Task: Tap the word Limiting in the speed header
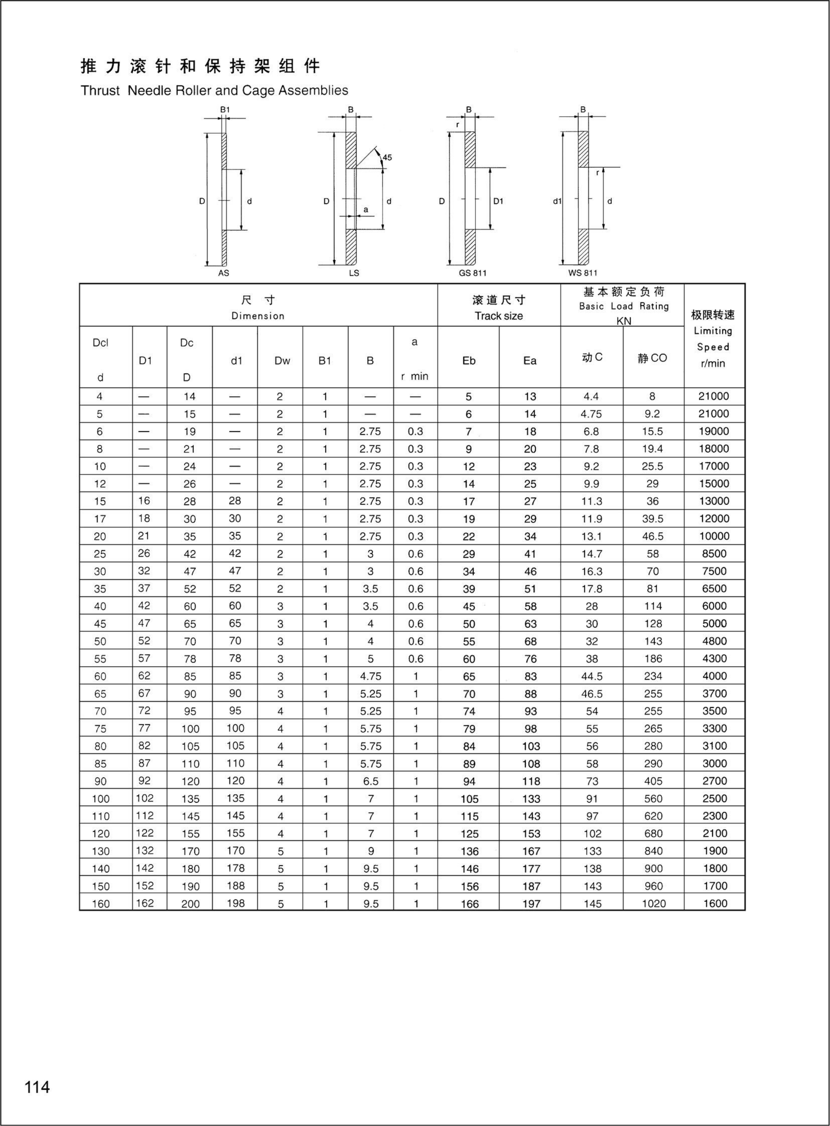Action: coord(713,331)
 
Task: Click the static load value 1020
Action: coord(653,903)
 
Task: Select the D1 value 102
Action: coord(145,798)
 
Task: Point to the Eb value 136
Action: coord(469,851)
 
